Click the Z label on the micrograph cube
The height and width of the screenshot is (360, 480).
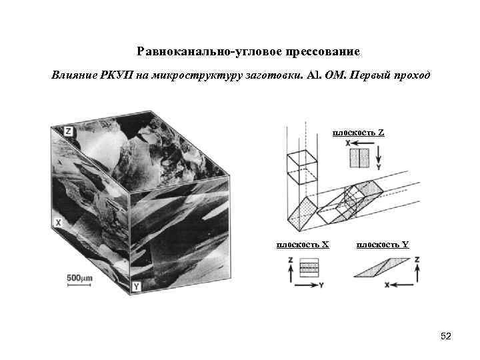pyautogui.click(x=68, y=132)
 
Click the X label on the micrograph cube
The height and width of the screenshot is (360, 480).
pyautogui.click(x=58, y=223)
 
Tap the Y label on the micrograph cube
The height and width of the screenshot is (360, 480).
pyautogui.click(x=136, y=287)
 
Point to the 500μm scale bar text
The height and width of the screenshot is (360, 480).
pyautogui.click(x=79, y=277)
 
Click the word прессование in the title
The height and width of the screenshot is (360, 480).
pyautogui.click(x=323, y=51)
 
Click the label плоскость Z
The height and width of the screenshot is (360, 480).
pyautogui.click(x=358, y=133)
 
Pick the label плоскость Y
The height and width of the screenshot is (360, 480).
pyautogui.click(x=383, y=244)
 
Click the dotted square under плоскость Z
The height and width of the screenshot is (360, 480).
pyautogui.click(x=358, y=157)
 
